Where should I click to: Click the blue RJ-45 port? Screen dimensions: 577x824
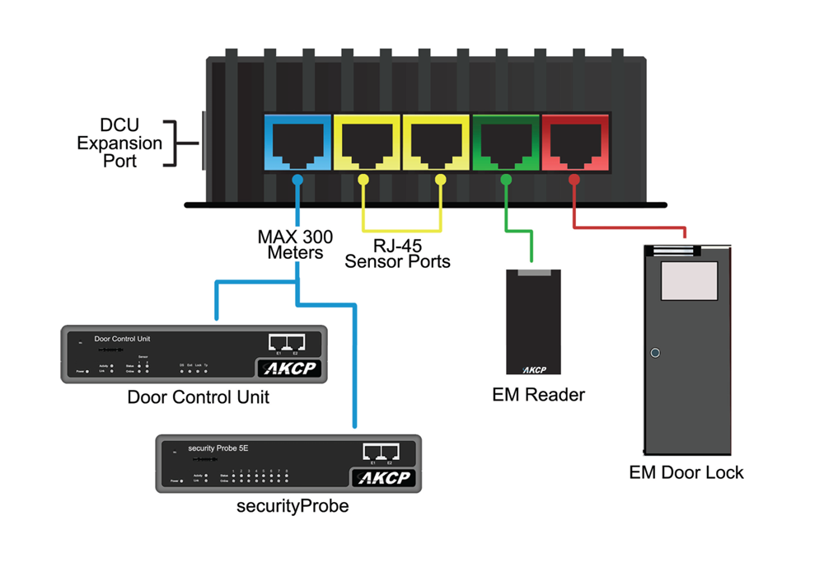[297, 144]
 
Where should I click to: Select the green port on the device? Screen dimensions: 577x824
[505, 144]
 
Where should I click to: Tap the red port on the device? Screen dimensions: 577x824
[574, 144]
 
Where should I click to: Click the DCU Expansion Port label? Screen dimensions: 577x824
[120, 143]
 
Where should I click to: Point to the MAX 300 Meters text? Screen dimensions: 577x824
[295, 245]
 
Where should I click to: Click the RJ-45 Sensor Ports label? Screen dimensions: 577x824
[397, 253]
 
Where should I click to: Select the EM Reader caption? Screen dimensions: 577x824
[538, 395]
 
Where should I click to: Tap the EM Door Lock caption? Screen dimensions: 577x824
[686, 473]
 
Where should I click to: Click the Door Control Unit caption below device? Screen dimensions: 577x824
[198, 397]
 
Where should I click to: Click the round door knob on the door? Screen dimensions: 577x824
[655, 354]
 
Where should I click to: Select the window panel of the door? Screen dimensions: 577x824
[688, 280]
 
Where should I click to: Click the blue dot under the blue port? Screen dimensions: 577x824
[297, 179]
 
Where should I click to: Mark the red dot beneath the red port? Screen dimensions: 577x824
[574, 179]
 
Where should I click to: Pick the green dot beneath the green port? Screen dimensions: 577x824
[505, 179]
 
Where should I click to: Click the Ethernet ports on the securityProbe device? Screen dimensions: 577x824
[381, 452]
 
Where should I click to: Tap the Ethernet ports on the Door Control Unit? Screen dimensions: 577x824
[287, 342]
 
